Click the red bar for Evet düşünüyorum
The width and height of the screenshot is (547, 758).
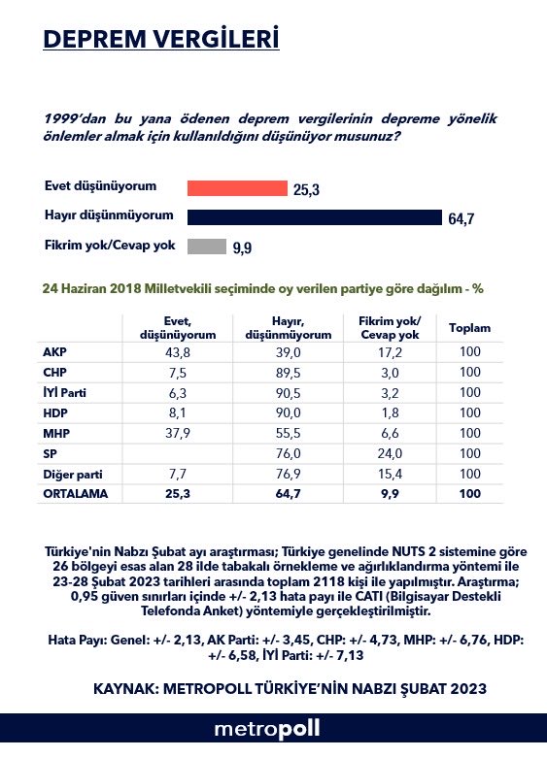(x=237, y=188)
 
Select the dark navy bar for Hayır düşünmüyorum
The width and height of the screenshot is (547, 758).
(x=315, y=217)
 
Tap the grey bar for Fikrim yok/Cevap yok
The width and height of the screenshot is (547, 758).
(x=207, y=247)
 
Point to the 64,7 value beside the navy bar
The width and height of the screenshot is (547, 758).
(x=461, y=219)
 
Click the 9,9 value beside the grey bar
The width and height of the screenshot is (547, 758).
(x=242, y=248)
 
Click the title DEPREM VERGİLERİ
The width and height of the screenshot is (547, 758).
(x=161, y=39)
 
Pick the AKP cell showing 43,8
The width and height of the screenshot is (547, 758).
(x=178, y=352)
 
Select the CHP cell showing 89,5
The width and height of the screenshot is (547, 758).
(x=288, y=373)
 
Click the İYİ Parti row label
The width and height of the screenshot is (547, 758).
(x=64, y=392)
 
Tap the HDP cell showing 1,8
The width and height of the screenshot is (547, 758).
(x=390, y=412)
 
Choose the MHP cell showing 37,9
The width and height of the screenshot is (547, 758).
(x=178, y=433)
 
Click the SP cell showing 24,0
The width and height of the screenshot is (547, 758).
(x=390, y=453)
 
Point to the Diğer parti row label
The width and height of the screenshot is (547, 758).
(x=73, y=475)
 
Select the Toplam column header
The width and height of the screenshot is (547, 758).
(x=469, y=328)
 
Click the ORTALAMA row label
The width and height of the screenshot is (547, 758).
(x=76, y=494)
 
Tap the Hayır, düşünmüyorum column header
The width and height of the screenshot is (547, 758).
(x=288, y=328)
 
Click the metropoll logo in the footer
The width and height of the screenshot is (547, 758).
(x=267, y=729)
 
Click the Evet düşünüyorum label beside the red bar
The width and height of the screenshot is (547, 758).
(x=100, y=186)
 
